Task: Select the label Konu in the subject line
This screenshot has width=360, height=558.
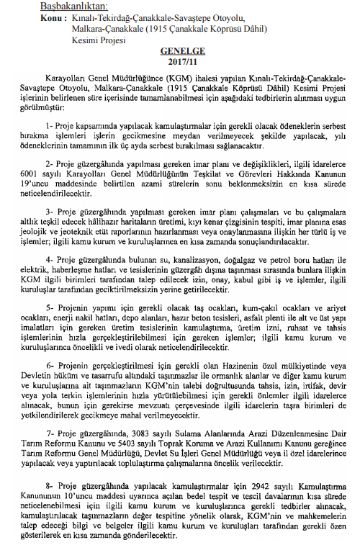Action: point(32,20)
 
